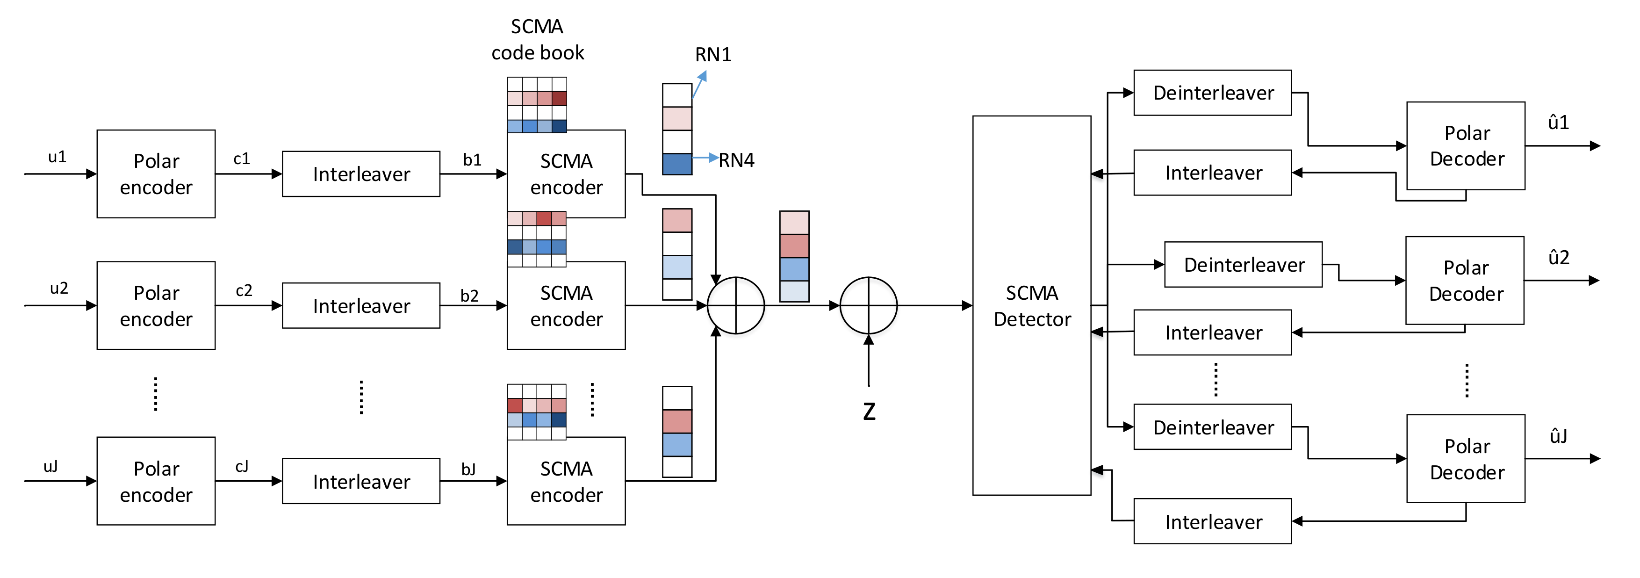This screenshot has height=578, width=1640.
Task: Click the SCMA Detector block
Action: pyautogui.click(x=1031, y=305)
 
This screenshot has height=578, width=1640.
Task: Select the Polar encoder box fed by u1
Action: pyautogui.click(x=156, y=174)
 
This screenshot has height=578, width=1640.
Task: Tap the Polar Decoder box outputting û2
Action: pyautogui.click(x=1464, y=281)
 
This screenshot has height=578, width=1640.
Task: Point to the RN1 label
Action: pyautogui.click(x=712, y=55)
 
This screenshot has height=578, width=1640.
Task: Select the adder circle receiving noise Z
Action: pyautogui.click(x=868, y=305)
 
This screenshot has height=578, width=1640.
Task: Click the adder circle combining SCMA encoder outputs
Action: pyautogui.click(x=736, y=305)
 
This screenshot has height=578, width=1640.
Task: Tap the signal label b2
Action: pyautogui.click(x=469, y=296)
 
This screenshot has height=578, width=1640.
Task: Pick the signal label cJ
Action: pyautogui.click(x=242, y=467)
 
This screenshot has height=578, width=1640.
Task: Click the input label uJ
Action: pyautogui.click(x=51, y=467)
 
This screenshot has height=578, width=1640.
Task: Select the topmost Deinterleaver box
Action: pyautogui.click(x=1212, y=93)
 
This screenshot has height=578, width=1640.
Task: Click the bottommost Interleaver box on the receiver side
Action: pyautogui.click(x=1212, y=521)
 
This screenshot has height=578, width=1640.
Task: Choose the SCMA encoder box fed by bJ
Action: pyautogui.click(x=566, y=481)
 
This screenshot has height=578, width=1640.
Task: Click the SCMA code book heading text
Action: pyautogui.click(x=537, y=39)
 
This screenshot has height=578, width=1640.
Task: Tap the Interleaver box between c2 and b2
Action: pyautogui.click(x=361, y=305)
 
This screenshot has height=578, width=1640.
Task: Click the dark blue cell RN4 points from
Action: pyautogui.click(x=677, y=164)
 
